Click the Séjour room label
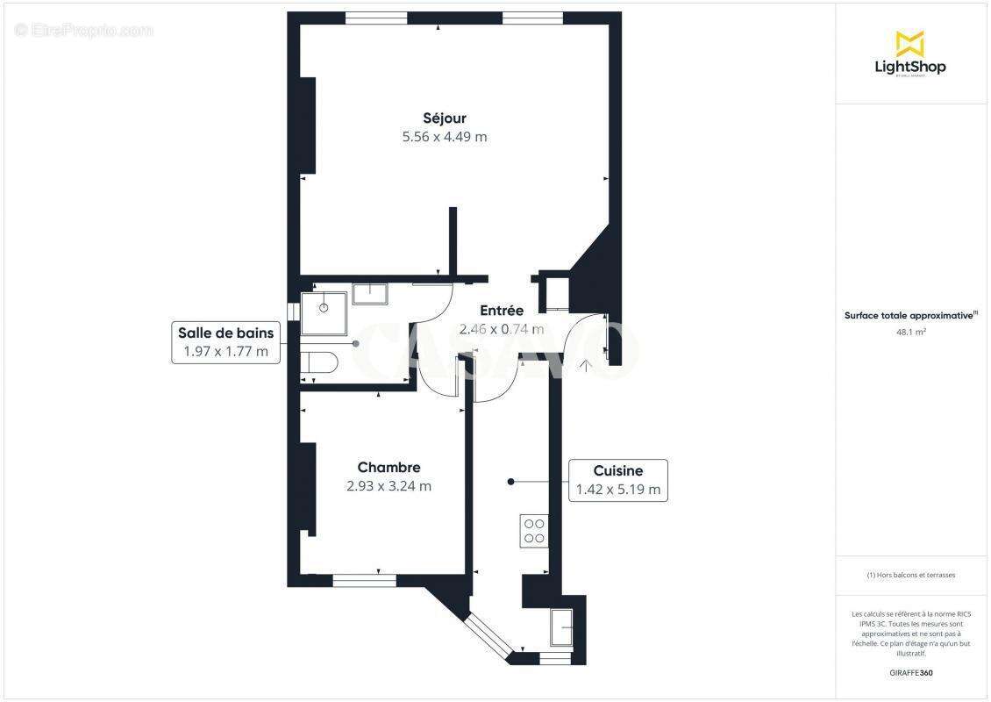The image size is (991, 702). point(445,118)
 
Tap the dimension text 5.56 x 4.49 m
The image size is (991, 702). point(445,137)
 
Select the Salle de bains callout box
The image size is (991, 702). point(225,342)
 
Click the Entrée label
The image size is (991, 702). point(502,311)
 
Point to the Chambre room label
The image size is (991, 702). point(389,468)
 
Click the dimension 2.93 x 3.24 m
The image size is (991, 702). point(389,486)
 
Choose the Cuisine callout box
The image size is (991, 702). point(617,480)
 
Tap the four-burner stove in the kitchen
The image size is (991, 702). point(533,530)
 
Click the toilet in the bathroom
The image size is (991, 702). point(318,362)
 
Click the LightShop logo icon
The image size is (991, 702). point(909,43)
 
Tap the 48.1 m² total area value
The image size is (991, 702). point(911,332)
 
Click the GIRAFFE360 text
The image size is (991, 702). point(911,673)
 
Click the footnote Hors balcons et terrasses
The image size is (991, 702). point(911,575)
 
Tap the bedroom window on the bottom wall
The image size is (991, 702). point(364,580)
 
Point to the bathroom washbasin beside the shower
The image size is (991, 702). point(369,293)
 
